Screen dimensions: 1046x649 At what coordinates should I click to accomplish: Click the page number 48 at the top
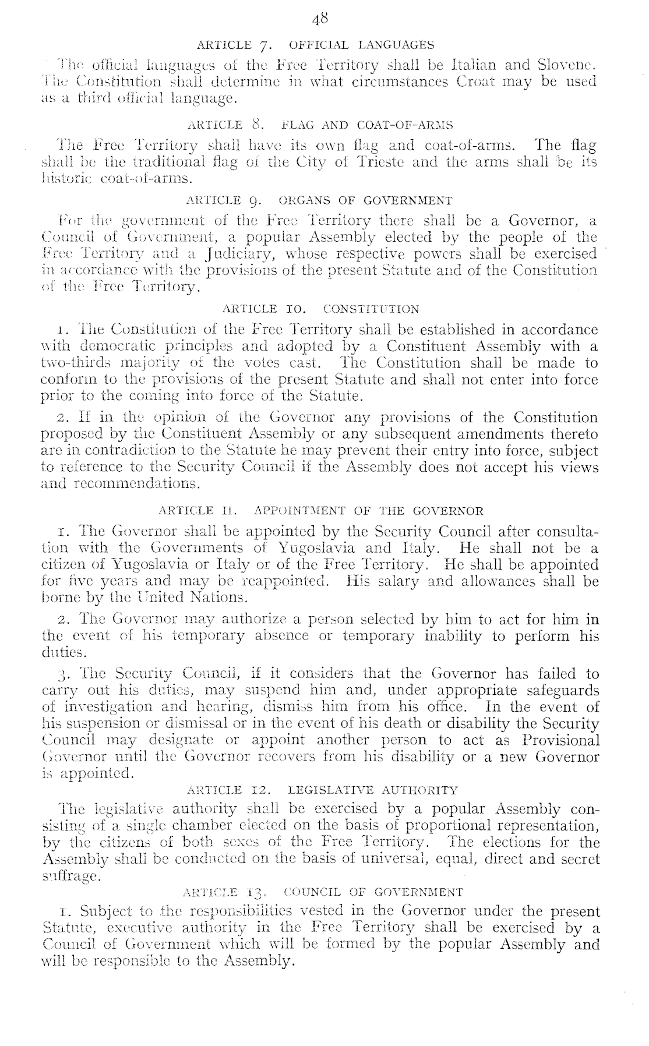321,20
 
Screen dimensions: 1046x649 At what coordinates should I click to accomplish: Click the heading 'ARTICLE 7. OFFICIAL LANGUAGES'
316,45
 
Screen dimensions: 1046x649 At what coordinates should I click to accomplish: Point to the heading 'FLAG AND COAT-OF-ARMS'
367,125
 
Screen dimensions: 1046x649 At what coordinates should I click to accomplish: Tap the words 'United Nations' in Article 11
186,598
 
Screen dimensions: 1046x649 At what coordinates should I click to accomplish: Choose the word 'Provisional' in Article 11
560,740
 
